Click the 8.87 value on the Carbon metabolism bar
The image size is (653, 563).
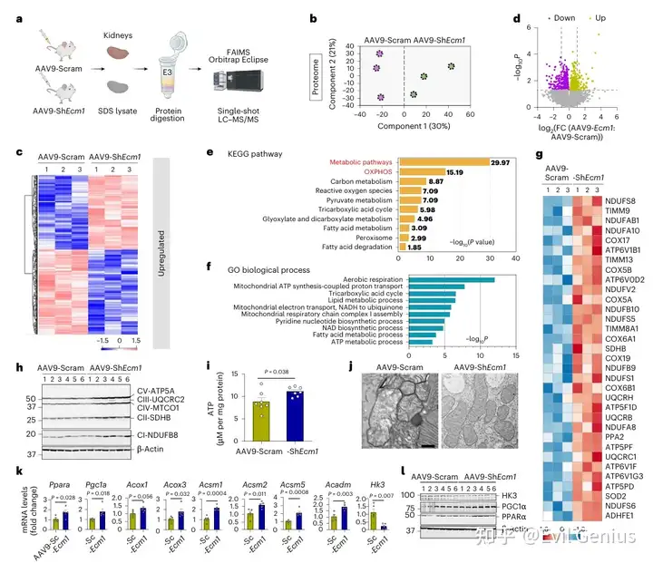pos(433,182)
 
